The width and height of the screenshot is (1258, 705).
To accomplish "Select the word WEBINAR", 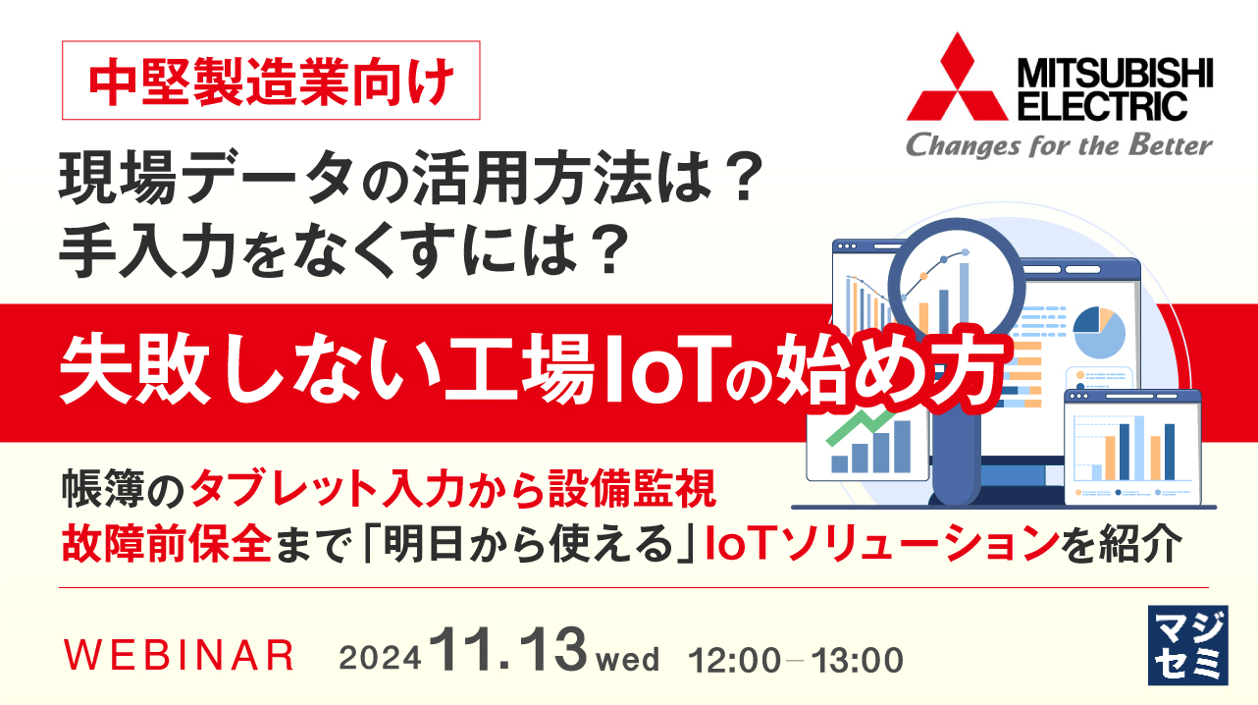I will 179,656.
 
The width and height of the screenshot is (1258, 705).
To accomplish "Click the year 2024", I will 381,659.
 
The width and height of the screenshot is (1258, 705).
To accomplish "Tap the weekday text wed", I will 628,659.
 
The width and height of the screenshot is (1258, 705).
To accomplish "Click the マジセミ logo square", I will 1186,644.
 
